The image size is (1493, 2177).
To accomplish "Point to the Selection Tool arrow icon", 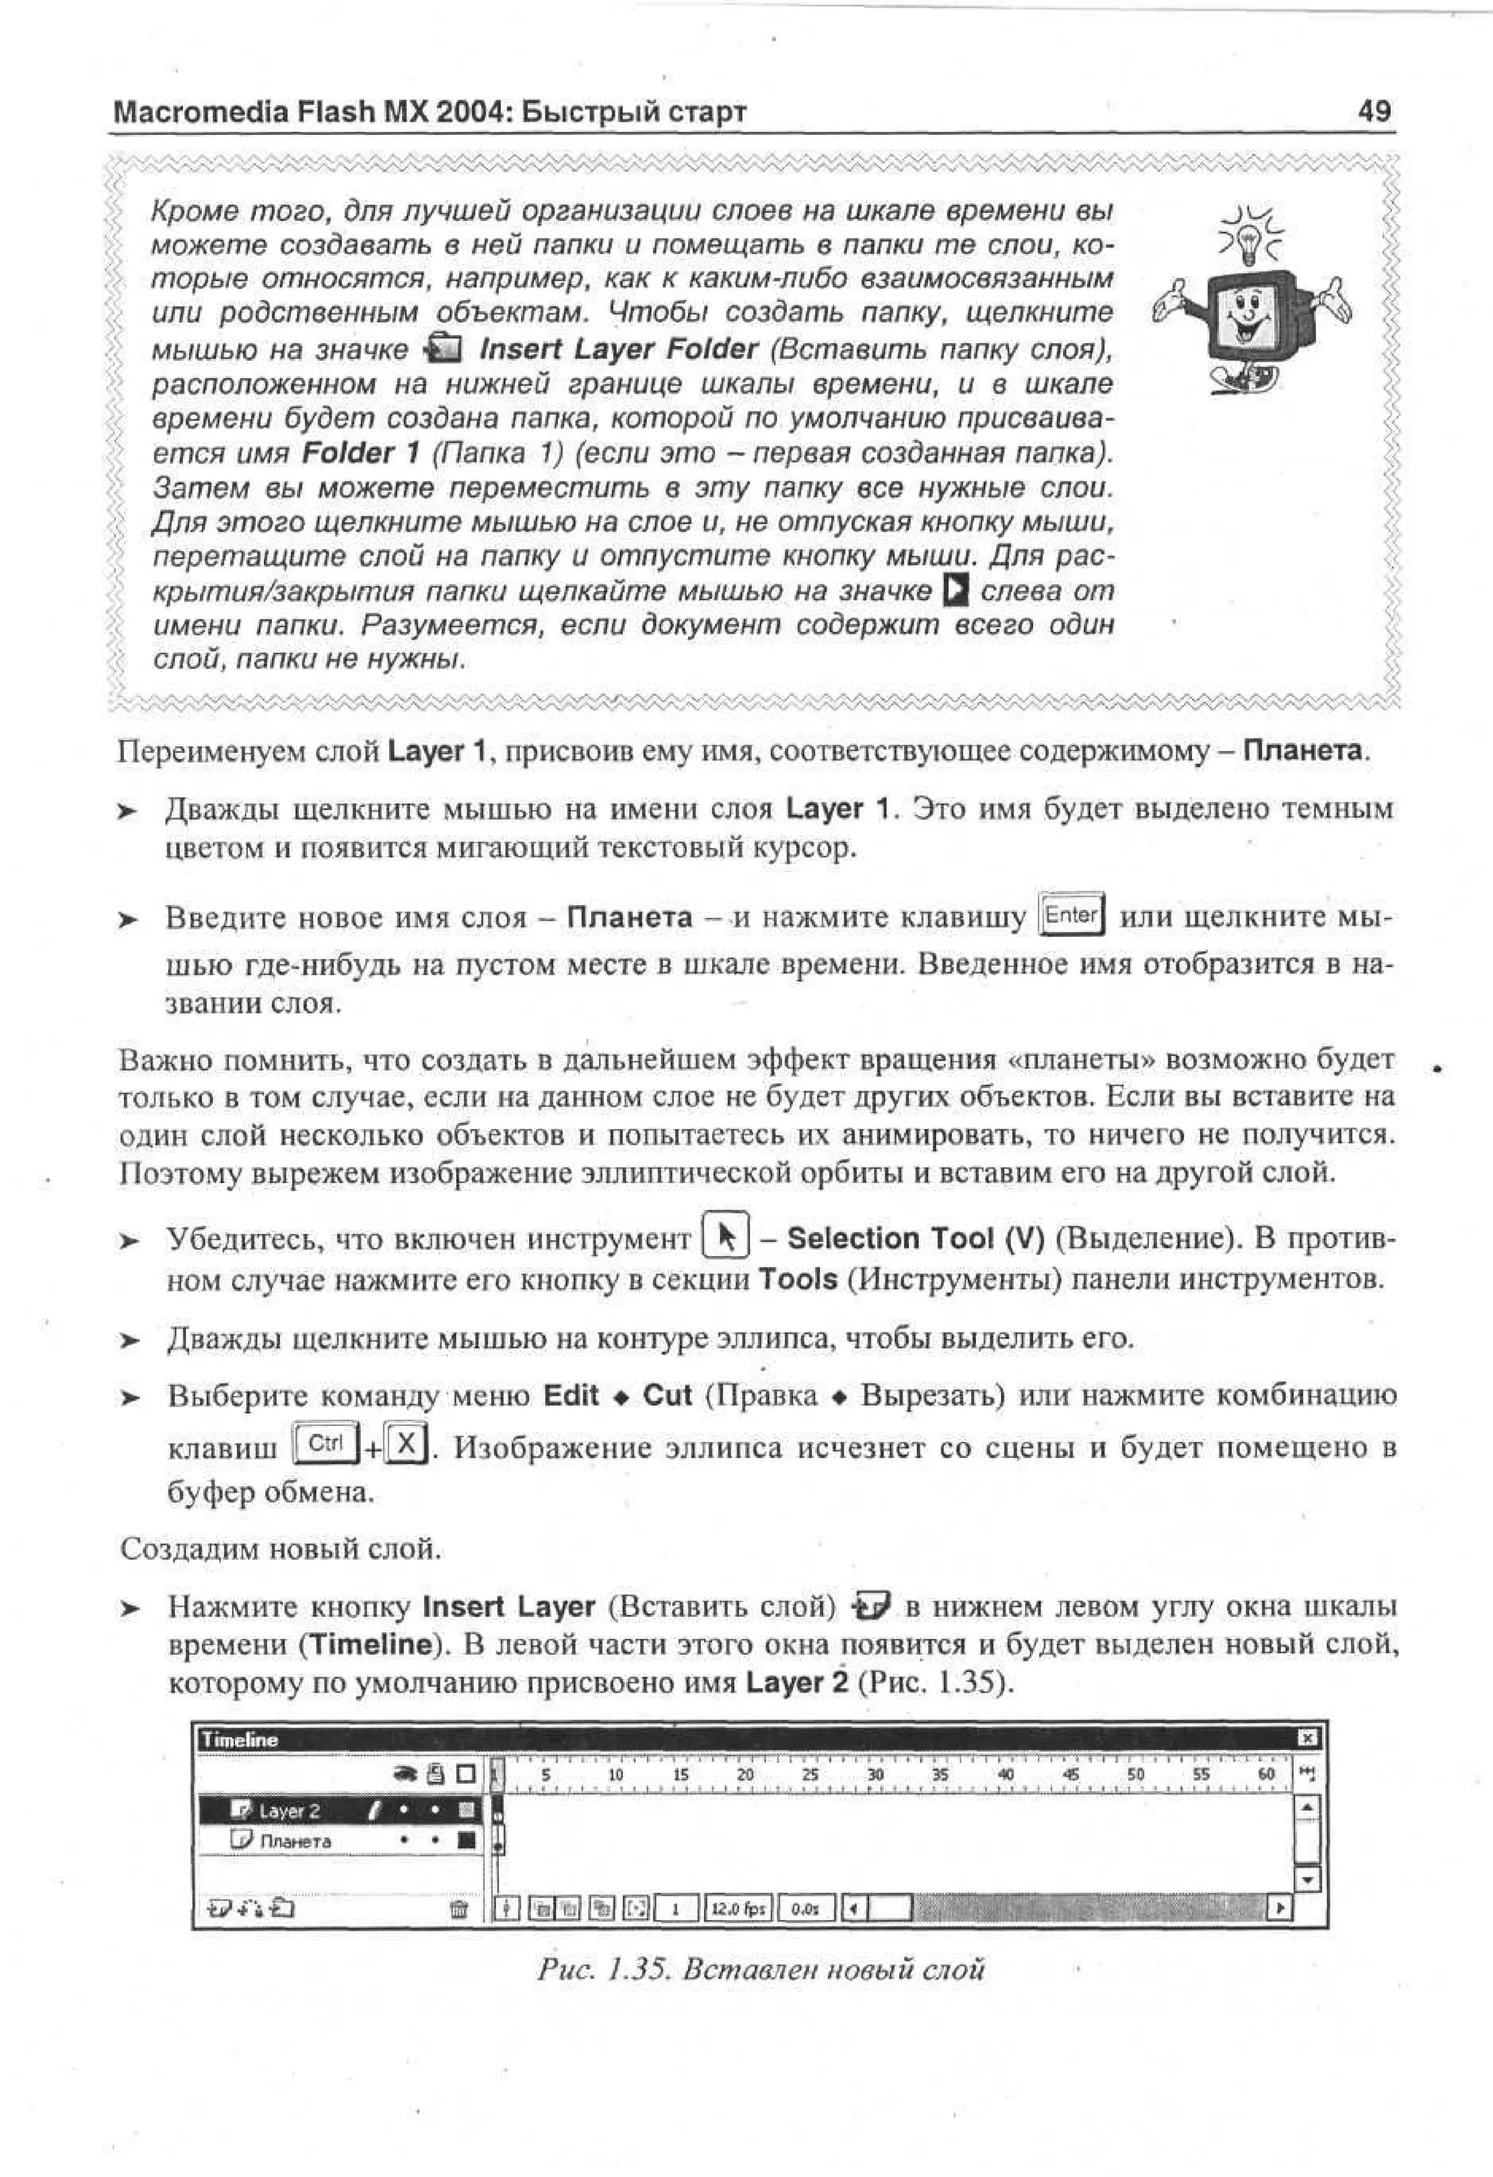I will pos(725,1239).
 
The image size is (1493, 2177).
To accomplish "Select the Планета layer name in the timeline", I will pos(295,1840).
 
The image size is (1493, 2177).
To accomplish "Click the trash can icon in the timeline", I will pos(459,1908).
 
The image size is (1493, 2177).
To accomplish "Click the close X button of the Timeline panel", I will pos(1309,1738).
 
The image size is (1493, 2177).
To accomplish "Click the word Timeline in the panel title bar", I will pos(240,1740).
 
